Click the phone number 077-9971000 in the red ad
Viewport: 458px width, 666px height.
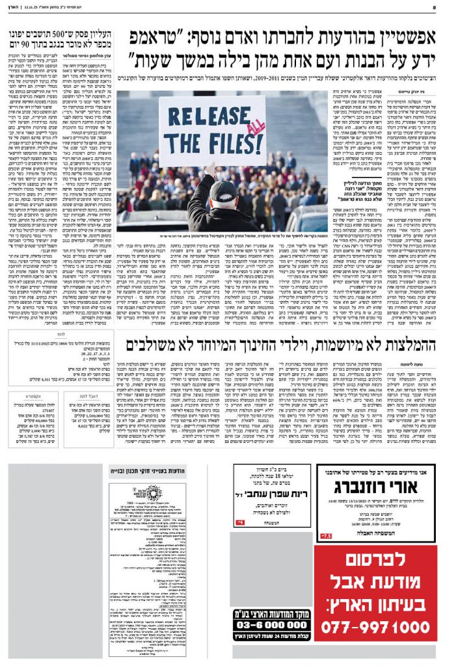[380, 627]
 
